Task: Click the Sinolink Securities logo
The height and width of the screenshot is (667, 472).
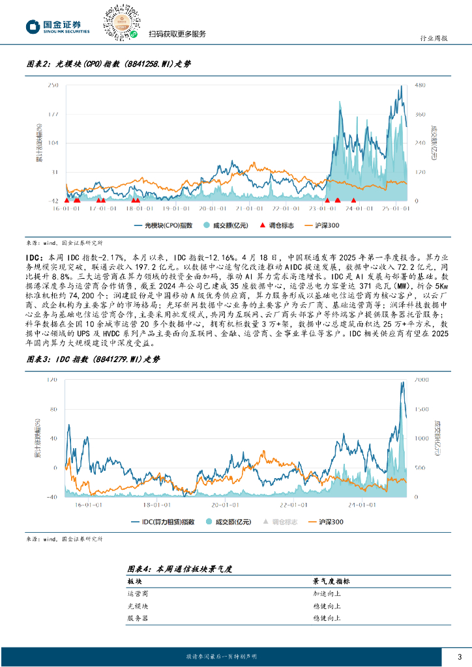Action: point(57,27)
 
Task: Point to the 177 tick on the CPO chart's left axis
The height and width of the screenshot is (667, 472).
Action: point(55,114)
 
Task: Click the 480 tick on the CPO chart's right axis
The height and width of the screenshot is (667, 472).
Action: point(420,85)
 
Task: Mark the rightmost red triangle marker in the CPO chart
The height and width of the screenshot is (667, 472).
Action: point(353,200)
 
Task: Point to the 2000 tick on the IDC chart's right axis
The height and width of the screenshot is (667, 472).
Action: point(422,378)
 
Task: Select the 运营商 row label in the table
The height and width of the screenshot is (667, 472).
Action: point(138,593)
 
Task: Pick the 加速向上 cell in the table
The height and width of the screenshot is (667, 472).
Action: point(327,593)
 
